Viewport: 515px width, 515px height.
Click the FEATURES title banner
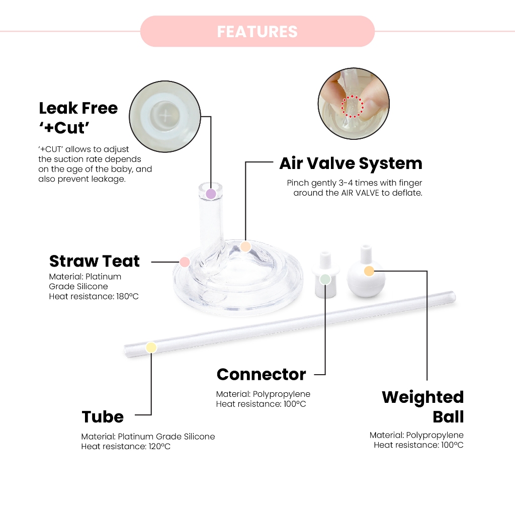click(x=257, y=31)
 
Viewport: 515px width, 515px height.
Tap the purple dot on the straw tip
click(x=211, y=194)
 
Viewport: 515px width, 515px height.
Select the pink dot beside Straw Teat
click(x=185, y=262)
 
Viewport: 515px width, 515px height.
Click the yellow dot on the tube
click(x=151, y=348)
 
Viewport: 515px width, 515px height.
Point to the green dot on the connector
click(x=325, y=279)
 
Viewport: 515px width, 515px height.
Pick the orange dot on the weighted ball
click(x=369, y=271)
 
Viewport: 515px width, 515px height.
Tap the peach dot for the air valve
click(x=245, y=246)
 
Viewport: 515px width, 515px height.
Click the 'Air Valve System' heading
click(x=351, y=163)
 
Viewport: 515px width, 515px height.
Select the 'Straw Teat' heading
click(x=95, y=261)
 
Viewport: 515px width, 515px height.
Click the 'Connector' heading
click(x=261, y=374)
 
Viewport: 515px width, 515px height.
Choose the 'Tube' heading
click(x=103, y=416)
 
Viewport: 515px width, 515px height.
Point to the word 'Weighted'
click(x=422, y=397)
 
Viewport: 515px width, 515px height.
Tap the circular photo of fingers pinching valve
click(x=354, y=104)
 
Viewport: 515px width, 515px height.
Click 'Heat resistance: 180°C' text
click(x=94, y=296)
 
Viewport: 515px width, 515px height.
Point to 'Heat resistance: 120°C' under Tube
click(x=126, y=446)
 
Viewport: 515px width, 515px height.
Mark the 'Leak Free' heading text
click(x=78, y=108)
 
